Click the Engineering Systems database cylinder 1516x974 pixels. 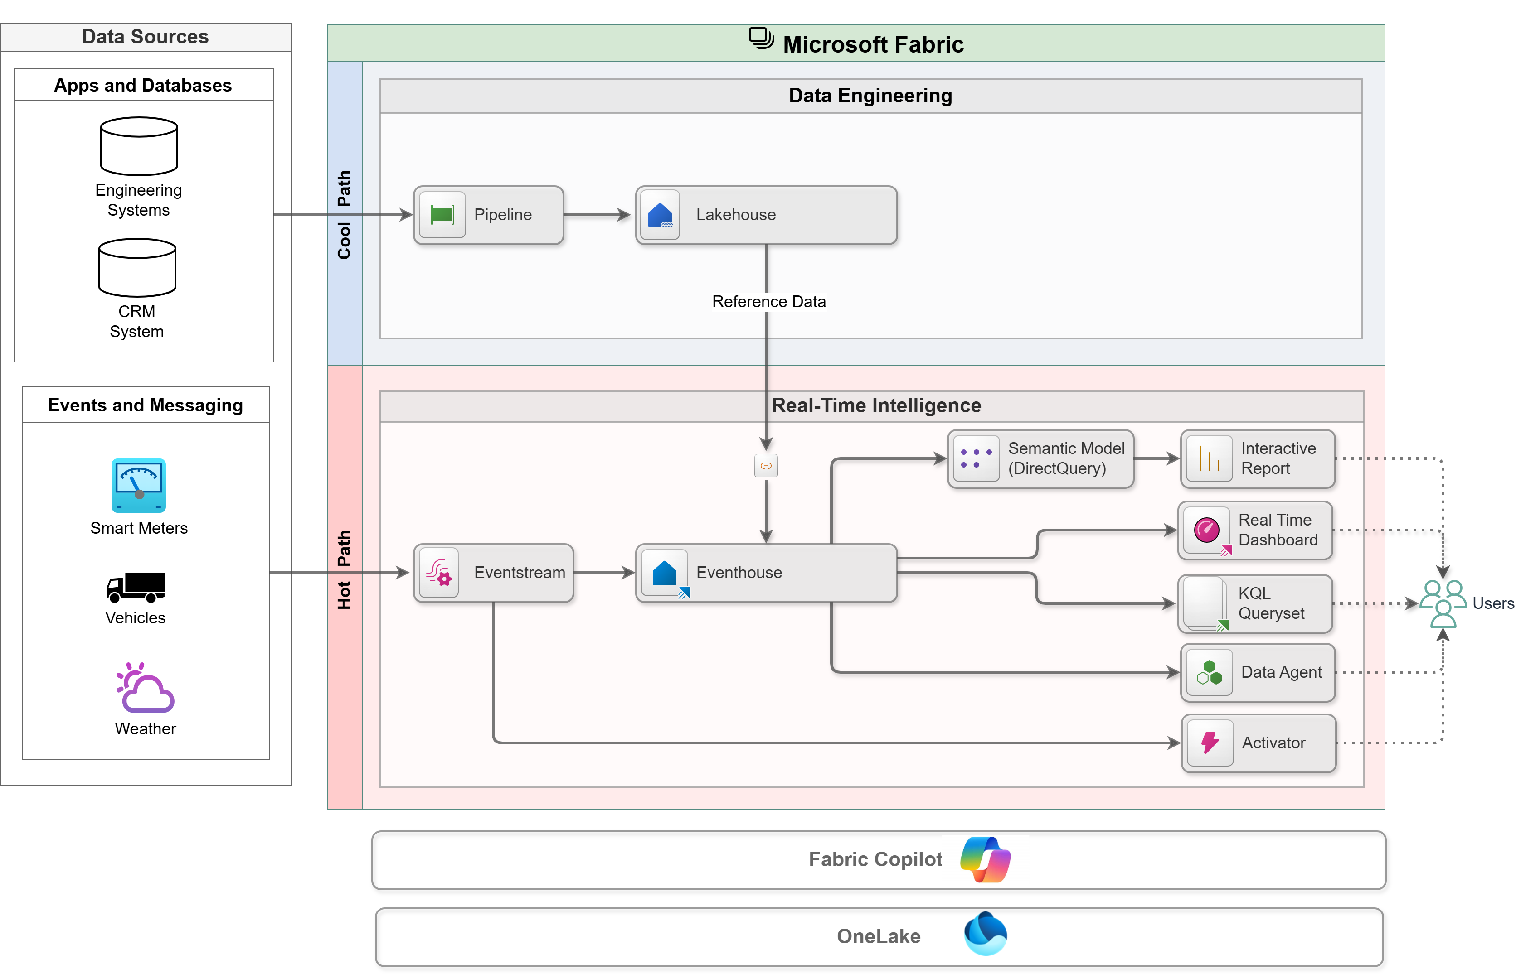click(x=139, y=146)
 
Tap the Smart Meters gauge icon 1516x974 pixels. click(x=139, y=485)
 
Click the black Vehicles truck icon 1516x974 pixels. click(x=136, y=587)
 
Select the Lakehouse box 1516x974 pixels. click(x=766, y=215)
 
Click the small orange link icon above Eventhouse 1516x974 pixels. click(x=766, y=466)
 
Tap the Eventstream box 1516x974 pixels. click(x=494, y=572)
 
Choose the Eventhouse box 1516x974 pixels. click(x=766, y=572)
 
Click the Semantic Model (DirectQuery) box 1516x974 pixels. click(x=1040, y=458)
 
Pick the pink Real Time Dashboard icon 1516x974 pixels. click(x=1206, y=530)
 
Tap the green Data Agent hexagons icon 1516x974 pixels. click(x=1209, y=672)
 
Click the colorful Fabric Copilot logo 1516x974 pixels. click(x=985, y=859)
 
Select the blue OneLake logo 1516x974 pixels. click(x=985, y=934)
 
